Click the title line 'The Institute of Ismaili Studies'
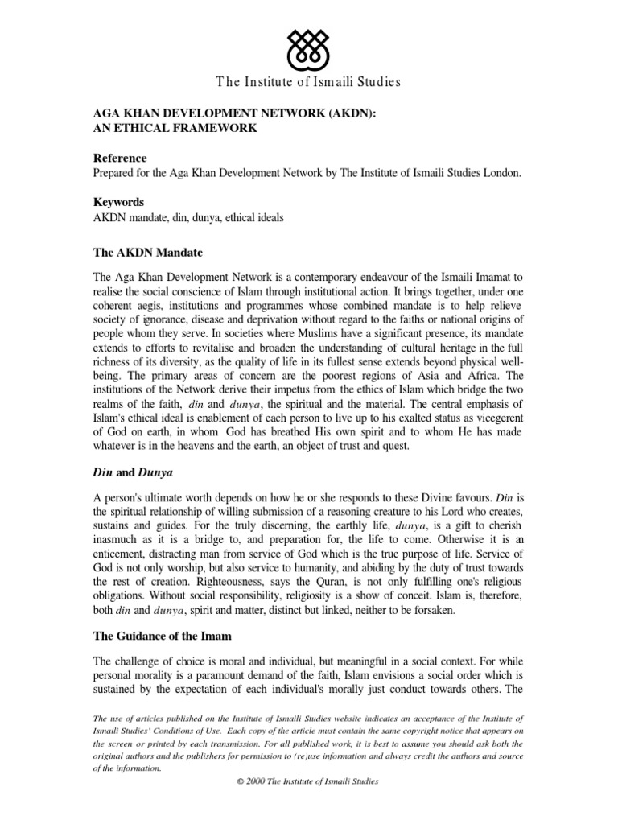[309, 81]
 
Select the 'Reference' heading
[121, 158]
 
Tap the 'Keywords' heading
[120, 203]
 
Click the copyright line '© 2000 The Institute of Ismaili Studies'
[309, 781]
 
